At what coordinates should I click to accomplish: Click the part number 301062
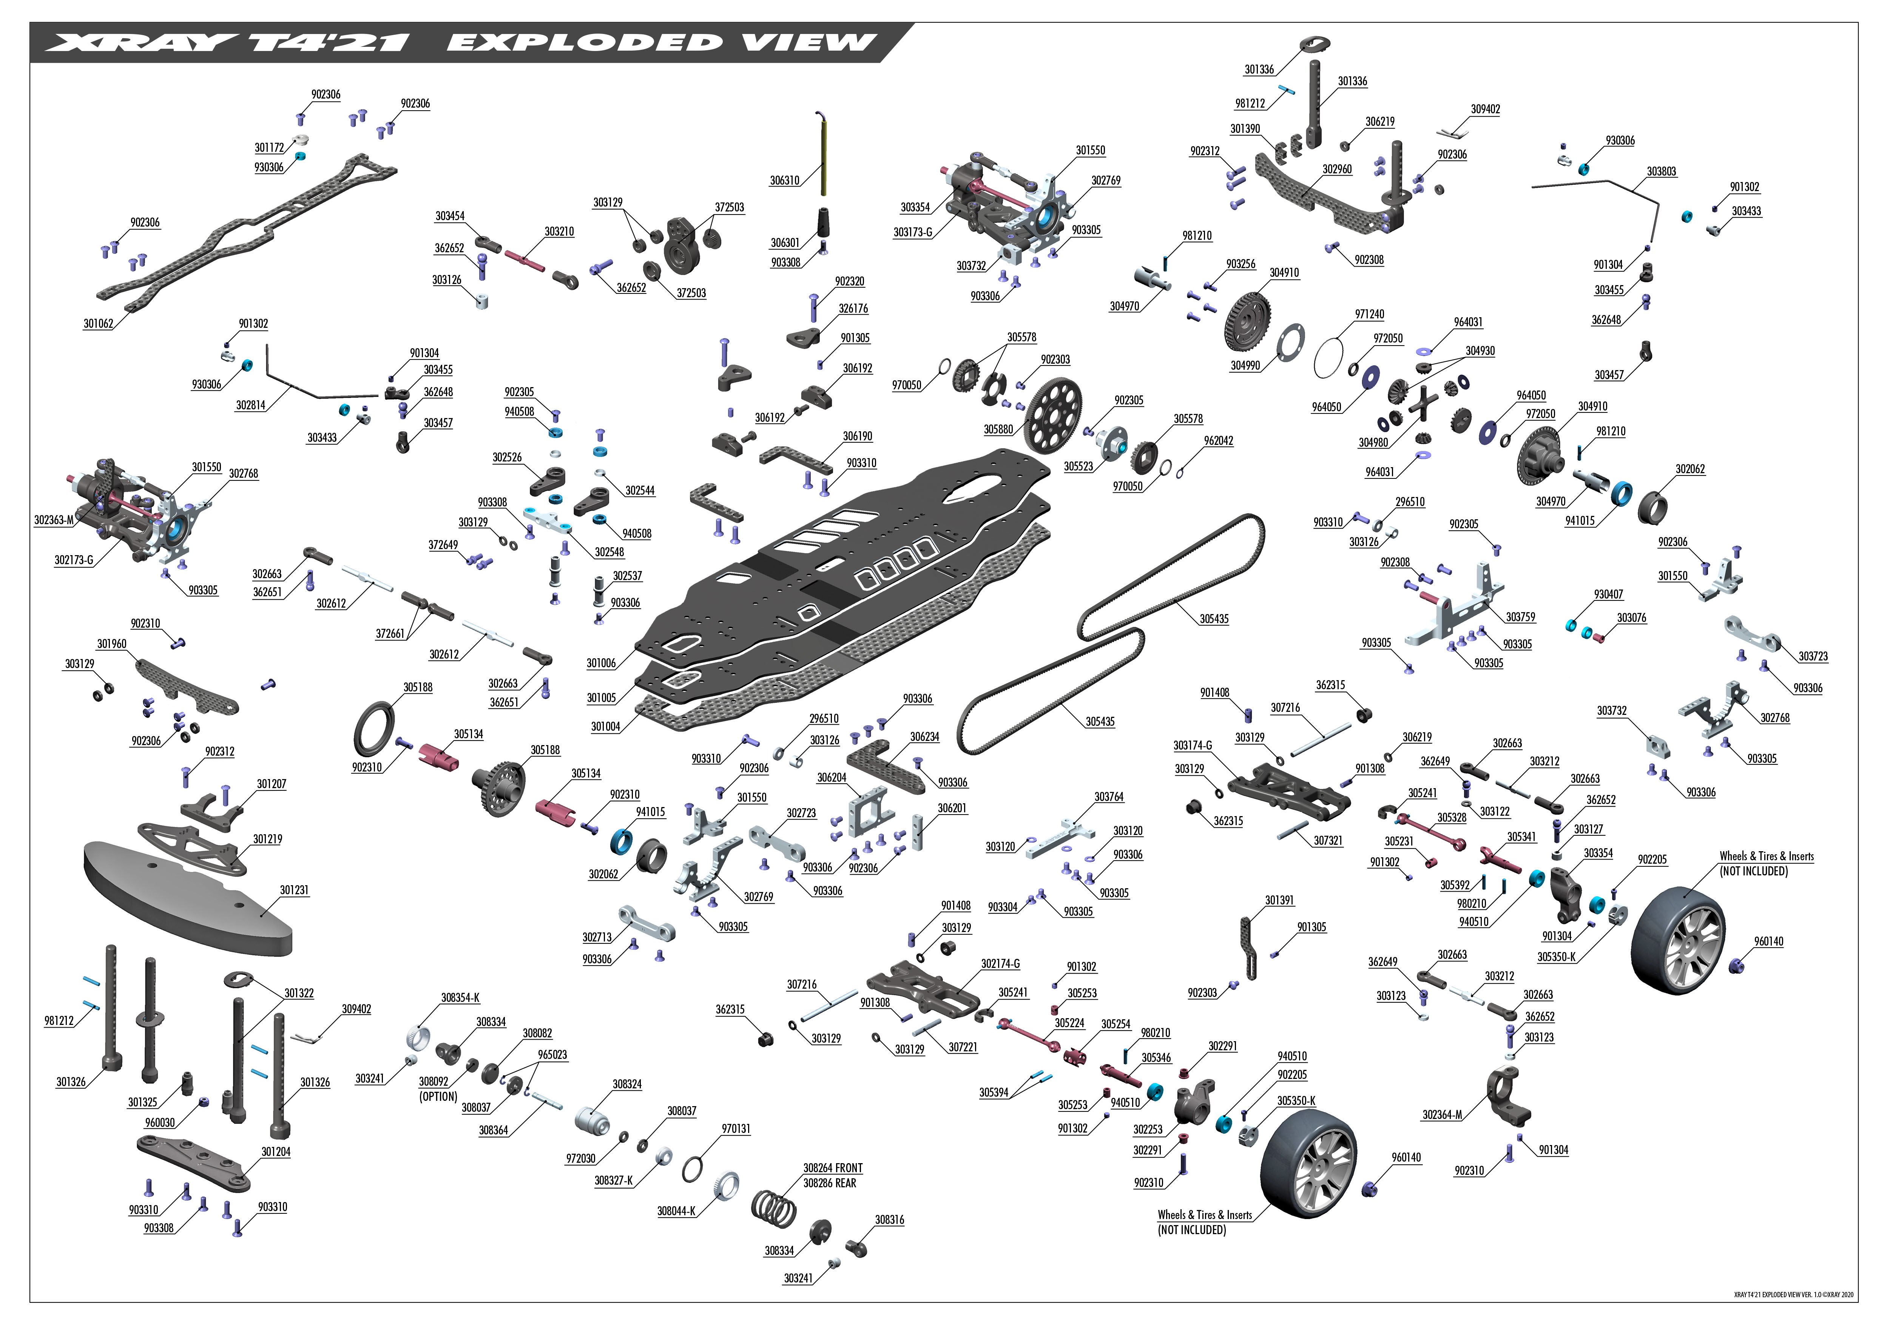pyautogui.click(x=98, y=324)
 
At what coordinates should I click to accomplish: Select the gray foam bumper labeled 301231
pyautogui.click(x=189, y=898)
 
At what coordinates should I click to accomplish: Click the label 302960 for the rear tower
pyautogui.click(x=1337, y=169)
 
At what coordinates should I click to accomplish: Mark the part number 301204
pyautogui.click(x=275, y=1152)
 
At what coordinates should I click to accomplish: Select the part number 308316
pyautogui.click(x=889, y=1220)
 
